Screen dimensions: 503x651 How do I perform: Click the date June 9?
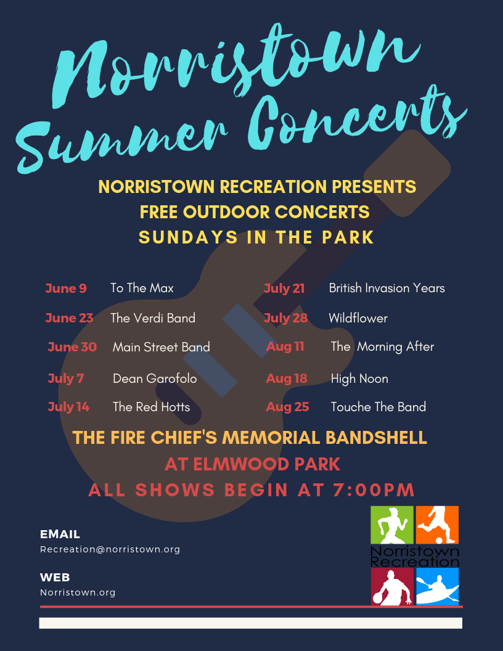pos(66,288)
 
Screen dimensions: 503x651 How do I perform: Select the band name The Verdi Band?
pos(153,318)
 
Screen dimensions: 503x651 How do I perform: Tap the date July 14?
pos(68,407)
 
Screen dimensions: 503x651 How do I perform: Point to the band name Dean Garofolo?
pos(155,379)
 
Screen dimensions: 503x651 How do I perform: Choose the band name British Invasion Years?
pos(386,288)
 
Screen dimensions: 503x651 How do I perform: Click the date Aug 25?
pos(288,407)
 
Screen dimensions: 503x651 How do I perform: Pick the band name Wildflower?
pos(358,318)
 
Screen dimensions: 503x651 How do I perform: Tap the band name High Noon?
pos(359,379)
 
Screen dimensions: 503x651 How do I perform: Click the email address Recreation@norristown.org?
pos(110,549)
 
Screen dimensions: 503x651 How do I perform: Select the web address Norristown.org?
pos(78,592)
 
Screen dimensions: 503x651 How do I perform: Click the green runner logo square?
pos(392,525)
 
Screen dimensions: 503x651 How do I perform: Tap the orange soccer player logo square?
pos(437,525)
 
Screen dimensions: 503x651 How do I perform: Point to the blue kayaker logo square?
pos(438,586)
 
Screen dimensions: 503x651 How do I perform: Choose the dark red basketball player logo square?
pos(392,586)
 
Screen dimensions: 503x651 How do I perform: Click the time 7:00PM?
pos(374,490)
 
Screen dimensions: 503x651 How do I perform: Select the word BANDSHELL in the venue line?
pos(376,438)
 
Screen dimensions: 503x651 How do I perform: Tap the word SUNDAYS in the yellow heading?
pos(188,237)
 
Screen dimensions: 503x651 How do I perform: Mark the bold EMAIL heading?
pos(60,534)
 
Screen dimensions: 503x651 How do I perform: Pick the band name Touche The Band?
pos(378,407)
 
